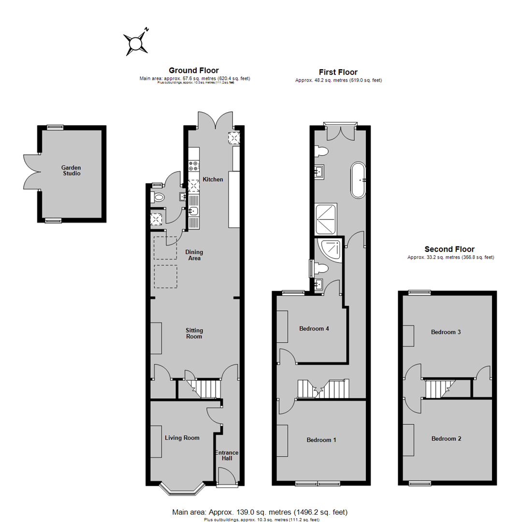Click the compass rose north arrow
point(136,43)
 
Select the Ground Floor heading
point(193,70)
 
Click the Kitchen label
point(213,179)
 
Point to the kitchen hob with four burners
point(193,165)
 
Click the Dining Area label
point(194,255)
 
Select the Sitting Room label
point(194,333)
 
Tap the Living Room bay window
point(183,488)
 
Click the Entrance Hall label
point(227,455)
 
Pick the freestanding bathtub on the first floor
point(359,180)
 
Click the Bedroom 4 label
point(314,329)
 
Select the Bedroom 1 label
point(321,440)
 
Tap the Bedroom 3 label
point(446,332)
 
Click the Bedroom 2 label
point(446,439)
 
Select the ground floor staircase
point(203,388)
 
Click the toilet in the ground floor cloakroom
point(158,197)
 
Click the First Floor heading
point(338,72)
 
